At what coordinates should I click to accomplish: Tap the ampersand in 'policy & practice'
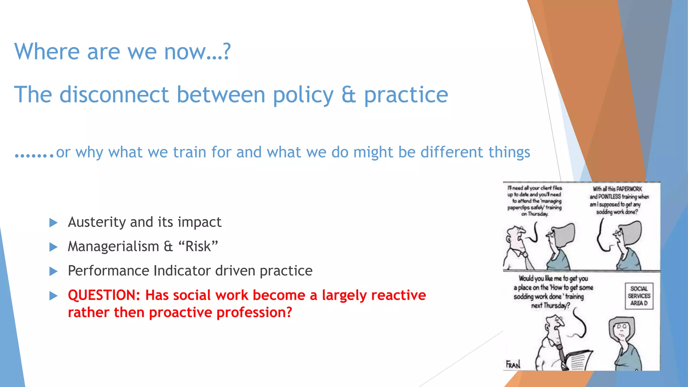(x=348, y=95)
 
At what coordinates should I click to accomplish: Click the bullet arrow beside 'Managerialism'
(x=53, y=247)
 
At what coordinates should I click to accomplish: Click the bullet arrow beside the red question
(x=53, y=296)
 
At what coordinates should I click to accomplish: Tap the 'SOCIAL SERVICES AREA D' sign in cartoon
(x=639, y=296)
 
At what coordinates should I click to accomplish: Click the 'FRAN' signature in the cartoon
(x=513, y=364)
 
